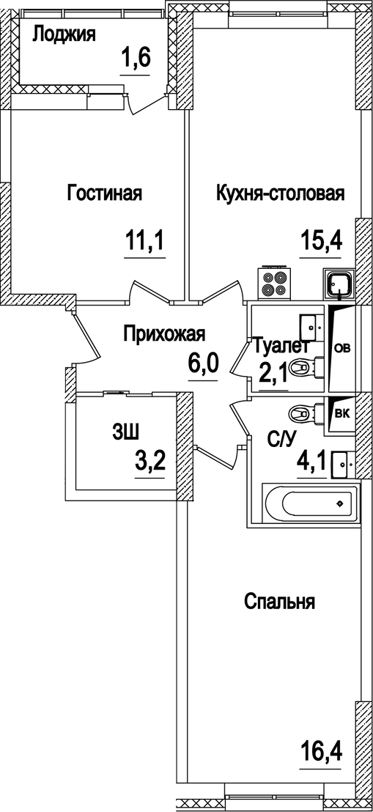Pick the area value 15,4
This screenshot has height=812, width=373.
[322, 240]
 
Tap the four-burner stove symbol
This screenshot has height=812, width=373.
[273, 283]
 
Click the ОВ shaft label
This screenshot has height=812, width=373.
[342, 348]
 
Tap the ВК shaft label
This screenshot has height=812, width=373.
[341, 412]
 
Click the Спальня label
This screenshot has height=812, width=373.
[279, 602]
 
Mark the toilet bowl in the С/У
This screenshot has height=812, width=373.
[303, 415]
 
